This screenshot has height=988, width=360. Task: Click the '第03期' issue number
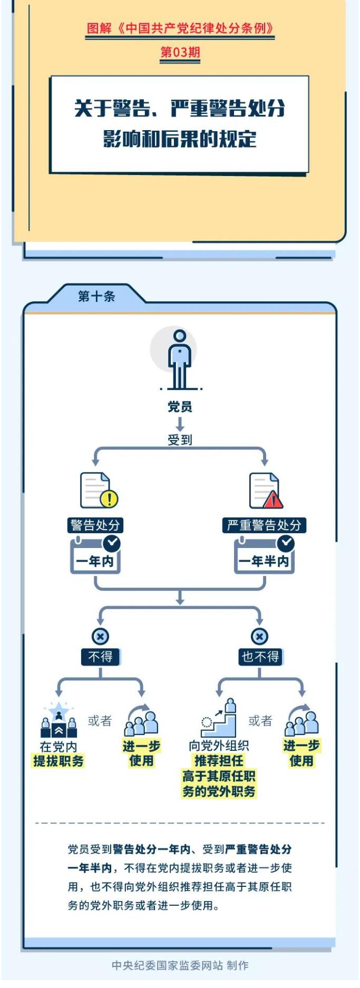click(x=180, y=52)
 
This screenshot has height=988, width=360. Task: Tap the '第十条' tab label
click(x=96, y=296)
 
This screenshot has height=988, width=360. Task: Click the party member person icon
click(x=179, y=359)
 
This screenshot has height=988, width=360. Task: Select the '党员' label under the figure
click(x=180, y=407)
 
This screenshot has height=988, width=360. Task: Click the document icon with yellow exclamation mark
click(x=98, y=490)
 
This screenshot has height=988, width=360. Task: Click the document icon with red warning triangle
click(x=265, y=490)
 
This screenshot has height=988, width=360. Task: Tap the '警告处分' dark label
click(x=95, y=525)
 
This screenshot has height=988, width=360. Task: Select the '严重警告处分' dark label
click(x=264, y=525)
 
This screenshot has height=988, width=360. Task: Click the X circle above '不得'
click(x=100, y=636)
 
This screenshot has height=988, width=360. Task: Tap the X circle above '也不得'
click(x=259, y=636)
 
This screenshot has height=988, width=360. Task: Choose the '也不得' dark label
click(x=260, y=657)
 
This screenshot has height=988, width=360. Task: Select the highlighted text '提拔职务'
click(x=59, y=761)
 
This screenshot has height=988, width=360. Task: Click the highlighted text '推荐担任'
click(x=219, y=760)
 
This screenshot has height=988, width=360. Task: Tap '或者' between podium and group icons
click(x=100, y=720)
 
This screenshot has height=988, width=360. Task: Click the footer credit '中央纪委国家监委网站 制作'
click(x=180, y=965)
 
